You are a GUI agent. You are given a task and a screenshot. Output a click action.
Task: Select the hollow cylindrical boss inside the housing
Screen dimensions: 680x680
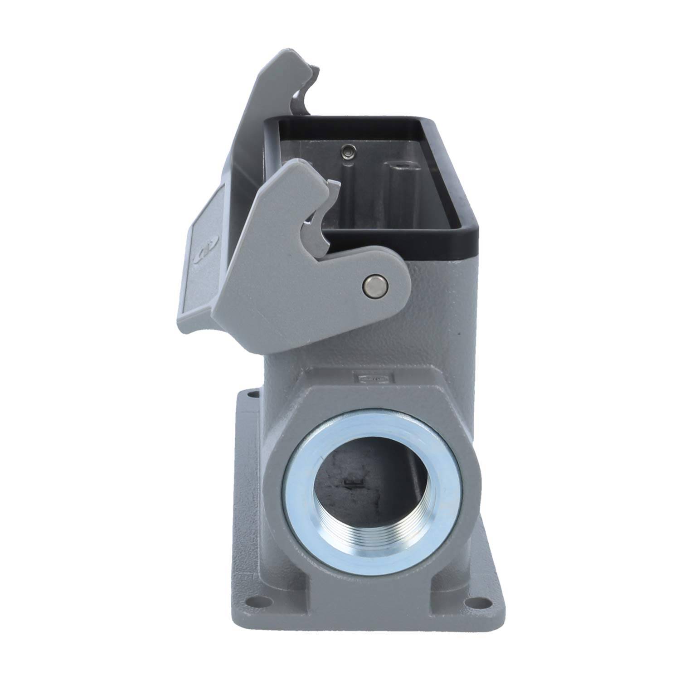pyautogui.click(x=399, y=167)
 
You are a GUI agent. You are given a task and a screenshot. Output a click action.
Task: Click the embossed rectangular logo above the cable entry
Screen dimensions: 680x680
pyautogui.click(x=373, y=377)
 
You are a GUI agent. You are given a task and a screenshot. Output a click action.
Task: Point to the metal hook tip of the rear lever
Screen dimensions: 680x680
pyautogui.click(x=313, y=70)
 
